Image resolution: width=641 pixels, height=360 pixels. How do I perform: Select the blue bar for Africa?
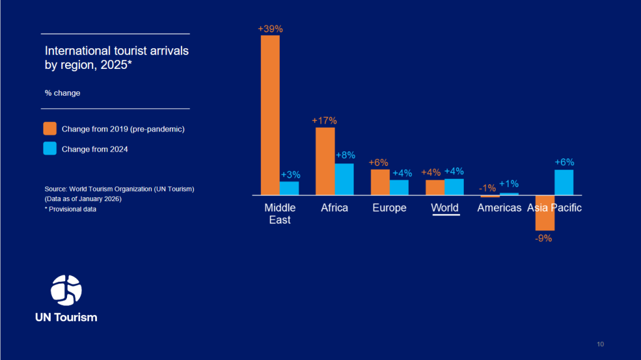[x=344, y=179]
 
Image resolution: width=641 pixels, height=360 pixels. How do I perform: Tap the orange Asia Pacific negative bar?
[x=545, y=213]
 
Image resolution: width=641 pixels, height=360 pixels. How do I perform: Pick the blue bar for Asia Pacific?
[x=564, y=182]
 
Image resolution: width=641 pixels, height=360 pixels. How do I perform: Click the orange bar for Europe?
[x=380, y=182]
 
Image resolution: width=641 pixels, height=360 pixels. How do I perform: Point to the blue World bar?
[x=454, y=187]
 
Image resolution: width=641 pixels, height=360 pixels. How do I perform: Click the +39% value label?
[x=270, y=29]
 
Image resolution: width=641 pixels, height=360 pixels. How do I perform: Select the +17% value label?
[x=325, y=120]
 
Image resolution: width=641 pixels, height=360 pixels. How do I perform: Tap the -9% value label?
[x=543, y=238]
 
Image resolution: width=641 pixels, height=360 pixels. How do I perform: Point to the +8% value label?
[x=345, y=155]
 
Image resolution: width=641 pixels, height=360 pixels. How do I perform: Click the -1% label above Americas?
[x=487, y=188]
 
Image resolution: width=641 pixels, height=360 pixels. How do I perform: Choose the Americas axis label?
[x=499, y=208]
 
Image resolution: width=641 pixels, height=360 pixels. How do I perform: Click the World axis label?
[x=445, y=208]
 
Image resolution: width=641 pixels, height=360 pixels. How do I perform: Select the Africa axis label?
[x=334, y=208]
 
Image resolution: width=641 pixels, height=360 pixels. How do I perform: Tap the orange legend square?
[x=50, y=129]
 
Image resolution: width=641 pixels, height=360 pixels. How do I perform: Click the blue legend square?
[x=50, y=149]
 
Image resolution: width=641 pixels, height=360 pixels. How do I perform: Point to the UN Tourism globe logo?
[x=66, y=290]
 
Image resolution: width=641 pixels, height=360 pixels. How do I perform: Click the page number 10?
[x=600, y=344]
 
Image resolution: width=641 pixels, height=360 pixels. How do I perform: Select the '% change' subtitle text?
[x=63, y=93]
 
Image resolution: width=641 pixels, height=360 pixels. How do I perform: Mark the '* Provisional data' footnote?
[x=71, y=209]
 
